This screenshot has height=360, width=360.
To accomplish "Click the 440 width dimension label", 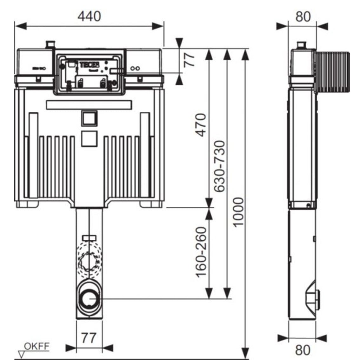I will click(89, 16).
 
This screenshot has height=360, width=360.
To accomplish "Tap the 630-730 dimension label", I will click(220, 166).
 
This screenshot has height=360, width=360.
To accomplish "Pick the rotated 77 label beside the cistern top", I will click(190, 59).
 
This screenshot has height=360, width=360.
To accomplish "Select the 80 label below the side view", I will click(302, 350).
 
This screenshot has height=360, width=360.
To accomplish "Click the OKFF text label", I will click(37, 346).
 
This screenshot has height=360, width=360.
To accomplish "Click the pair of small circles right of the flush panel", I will click(135, 68).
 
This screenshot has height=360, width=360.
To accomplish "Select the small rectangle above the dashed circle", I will click(89, 238).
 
